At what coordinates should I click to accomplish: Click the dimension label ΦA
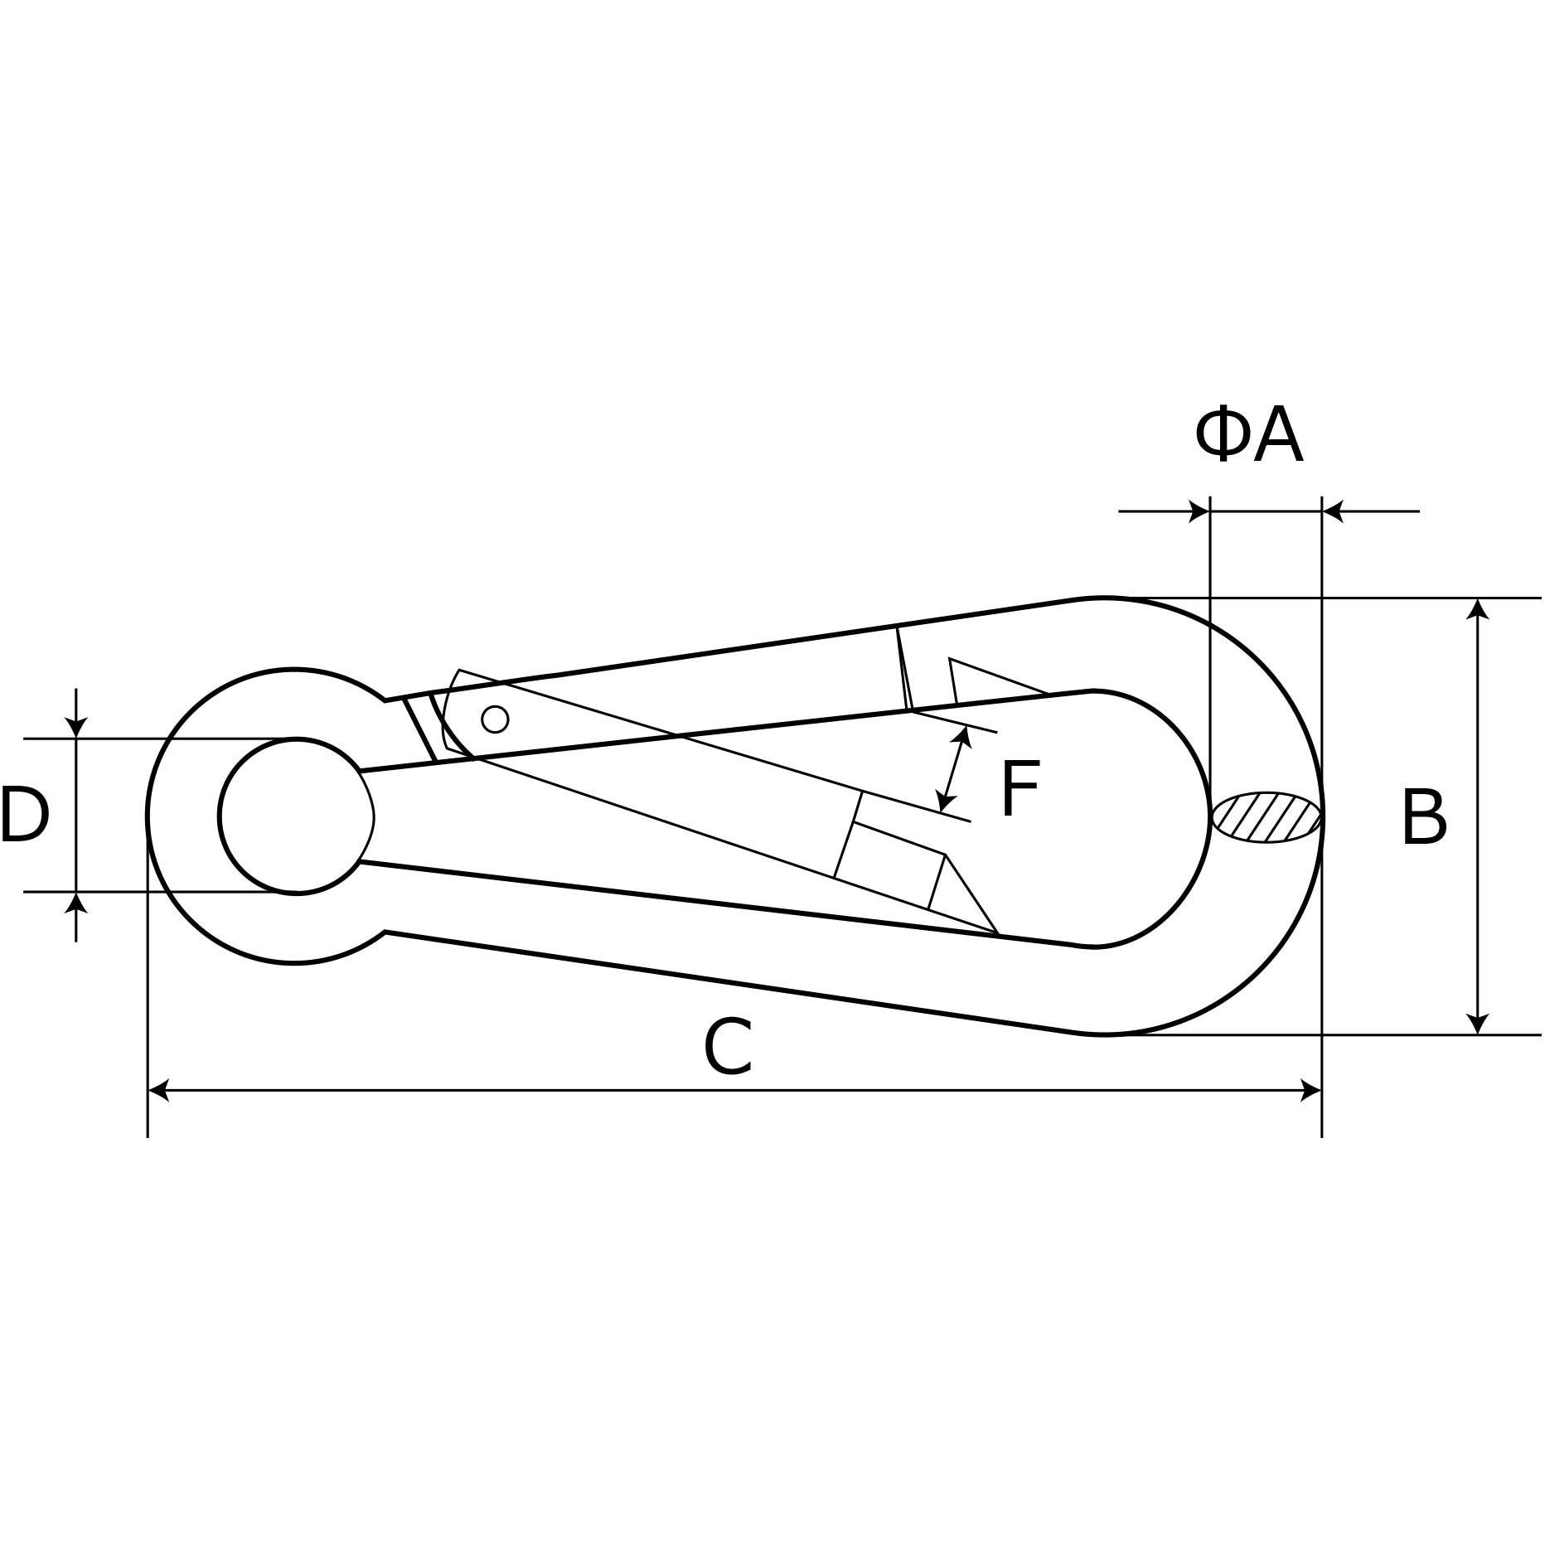click(x=1248, y=436)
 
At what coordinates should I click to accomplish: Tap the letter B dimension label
click(x=1424, y=818)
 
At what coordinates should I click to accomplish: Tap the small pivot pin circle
click(x=495, y=719)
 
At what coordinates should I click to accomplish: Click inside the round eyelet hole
click(x=296, y=816)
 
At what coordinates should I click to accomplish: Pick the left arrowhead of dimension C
click(x=158, y=1090)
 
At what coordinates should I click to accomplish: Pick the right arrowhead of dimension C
click(x=1311, y=1090)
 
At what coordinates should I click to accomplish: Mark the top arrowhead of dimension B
click(x=1478, y=609)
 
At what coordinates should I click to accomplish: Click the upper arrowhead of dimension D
click(x=76, y=727)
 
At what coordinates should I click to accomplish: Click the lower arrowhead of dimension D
click(x=76, y=903)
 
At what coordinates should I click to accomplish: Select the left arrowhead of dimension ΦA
click(x=1199, y=511)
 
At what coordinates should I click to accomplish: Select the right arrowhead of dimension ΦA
click(x=1333, y=511)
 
